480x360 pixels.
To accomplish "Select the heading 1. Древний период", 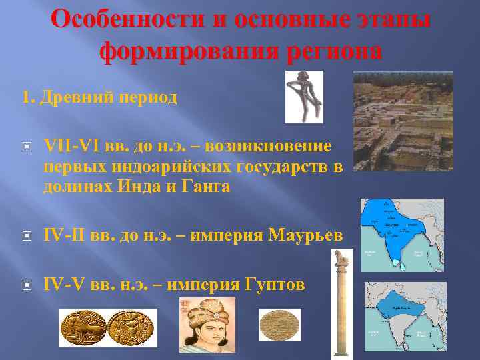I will tap(99, 98).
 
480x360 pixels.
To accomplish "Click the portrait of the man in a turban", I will tap(207, 325).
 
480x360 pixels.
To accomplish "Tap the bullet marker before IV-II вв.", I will tap(26, 236).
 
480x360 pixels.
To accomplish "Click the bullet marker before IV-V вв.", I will tap(26, 285).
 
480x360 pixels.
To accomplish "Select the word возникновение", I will tap(269, 146).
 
